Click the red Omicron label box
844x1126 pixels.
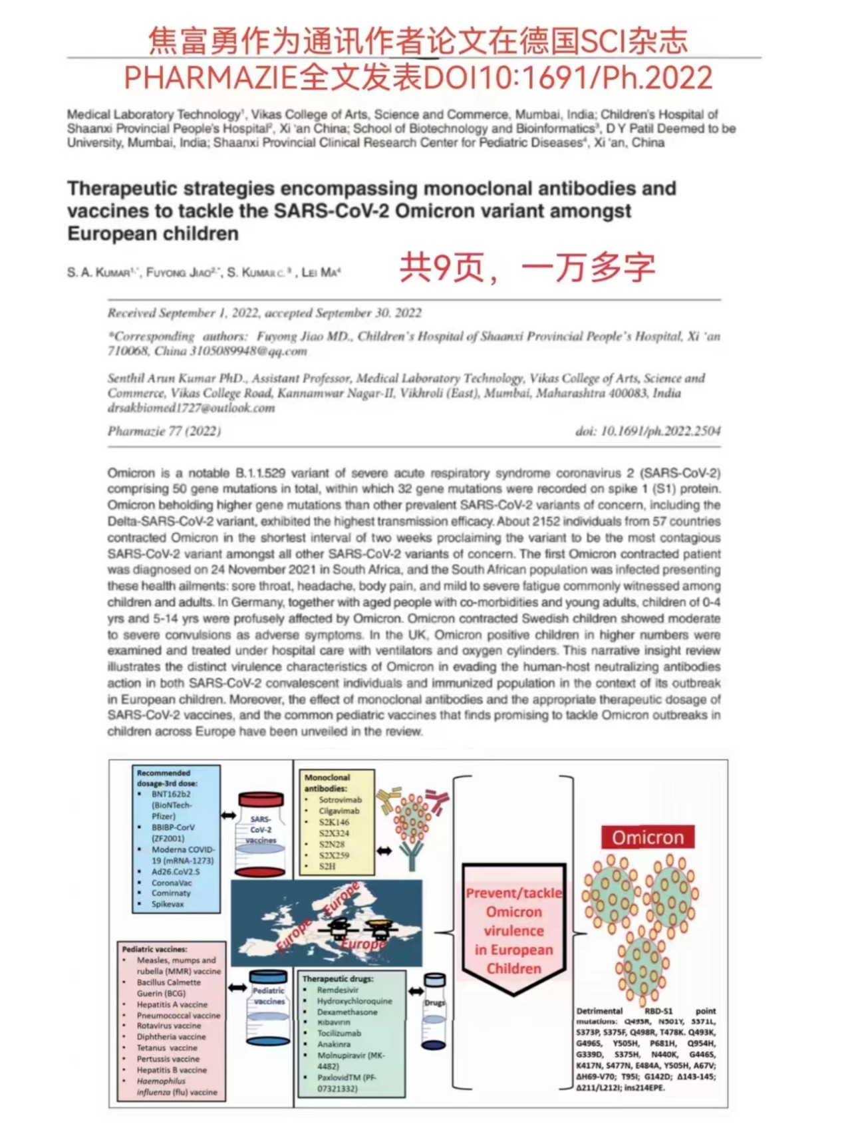click(x=647, y=837)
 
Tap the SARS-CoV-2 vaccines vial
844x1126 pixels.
click(x=261, y=834)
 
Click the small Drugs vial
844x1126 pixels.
click(x=434, y=1012)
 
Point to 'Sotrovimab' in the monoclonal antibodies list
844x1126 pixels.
click(x=340, y=799)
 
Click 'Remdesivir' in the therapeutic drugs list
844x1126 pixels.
click(x=338, y=990)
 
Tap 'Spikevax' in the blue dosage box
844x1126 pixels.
click(x=168, y=904)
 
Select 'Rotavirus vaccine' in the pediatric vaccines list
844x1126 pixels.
click(x=169, y=1026)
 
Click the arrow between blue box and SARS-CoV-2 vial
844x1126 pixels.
click(x=229, y=815)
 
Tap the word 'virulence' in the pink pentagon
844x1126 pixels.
click(x=513, y=930)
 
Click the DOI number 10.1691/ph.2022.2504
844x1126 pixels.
click(x=660, y=431)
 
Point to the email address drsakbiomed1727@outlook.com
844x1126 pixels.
click(x=192, y=408)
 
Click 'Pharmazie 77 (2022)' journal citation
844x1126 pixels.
click(x=164, y=431)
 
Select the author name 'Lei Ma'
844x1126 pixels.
click(x=320, y=272)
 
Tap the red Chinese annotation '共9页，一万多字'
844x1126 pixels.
click(x=527, y=267)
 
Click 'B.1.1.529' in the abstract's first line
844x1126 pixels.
click(x=261, y=473)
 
